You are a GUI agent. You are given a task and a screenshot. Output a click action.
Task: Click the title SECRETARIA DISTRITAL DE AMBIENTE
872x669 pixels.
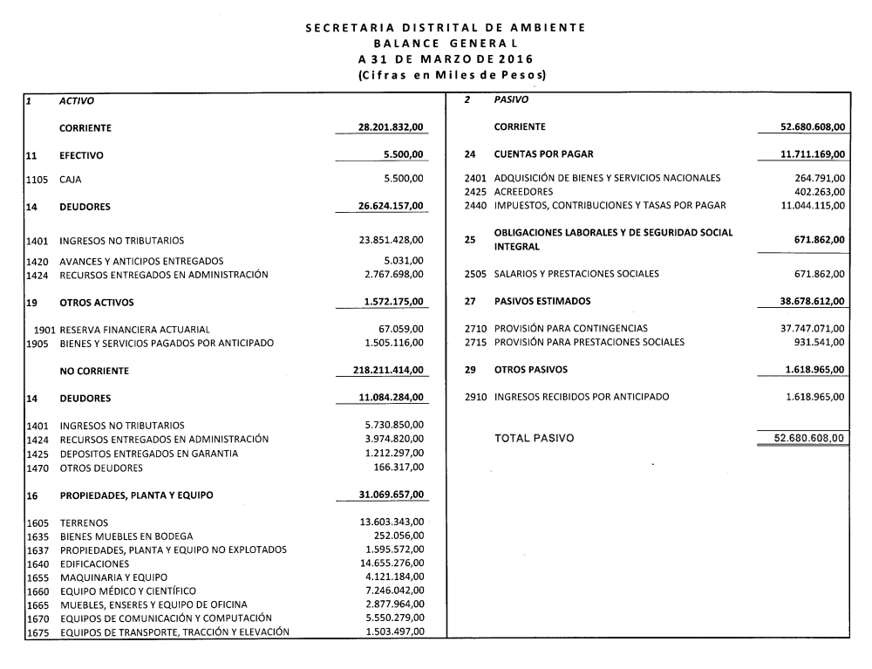pyautogui.click(x=445, y=28)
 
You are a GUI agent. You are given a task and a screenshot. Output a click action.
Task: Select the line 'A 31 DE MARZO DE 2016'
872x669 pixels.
pyautogui.click(x=445, y=59)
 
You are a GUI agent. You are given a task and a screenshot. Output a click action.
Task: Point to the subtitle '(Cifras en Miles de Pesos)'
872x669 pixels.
pyautogui.click(x=445, y=76)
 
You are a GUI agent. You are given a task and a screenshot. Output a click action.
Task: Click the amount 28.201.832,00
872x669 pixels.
pyautogui.click(x=391, y=127)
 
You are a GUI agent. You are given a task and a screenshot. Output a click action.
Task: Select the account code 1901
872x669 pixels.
pyautogui.click(x=46, y=330)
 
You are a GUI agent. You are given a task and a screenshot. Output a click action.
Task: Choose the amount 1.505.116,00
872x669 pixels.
pyautogui.click(x=394, y=343)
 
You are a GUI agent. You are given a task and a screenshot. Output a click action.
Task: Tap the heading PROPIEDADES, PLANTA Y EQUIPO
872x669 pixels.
pyautogui.click(x=137, y=495)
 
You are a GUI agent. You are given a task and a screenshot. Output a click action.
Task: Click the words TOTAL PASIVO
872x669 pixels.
pyautogui.click(x=535, y=438)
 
